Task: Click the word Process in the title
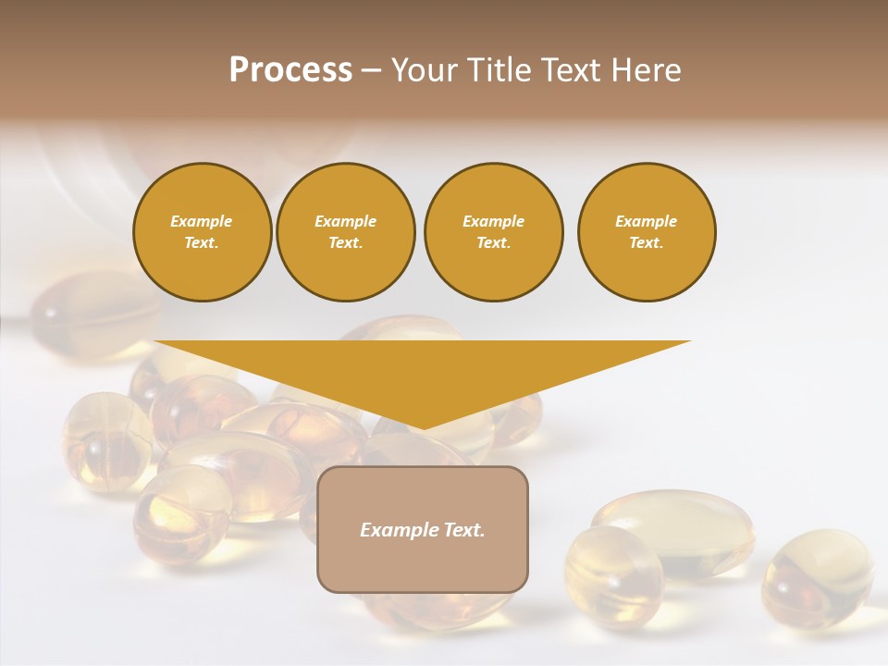pyautogui.click(x=290, y=70)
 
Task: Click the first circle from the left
pyautogui.click(x=202, y=232)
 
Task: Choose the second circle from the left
pyautogui.click(x=346, y=232)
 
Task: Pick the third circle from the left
pyautogui.click(x=493, y=232)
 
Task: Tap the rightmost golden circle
pyautogui.click(x=647, y=232)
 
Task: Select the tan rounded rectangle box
pyautogui.click(x=423, y=529)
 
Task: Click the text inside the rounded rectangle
pyautogui.click(x=423, y=530)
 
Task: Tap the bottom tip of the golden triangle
pyautogui.click(x=423, y=426)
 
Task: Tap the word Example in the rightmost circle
pyautogui.click(x=647, y=221)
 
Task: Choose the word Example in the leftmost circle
pyautogui.click(x=202, y=221)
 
